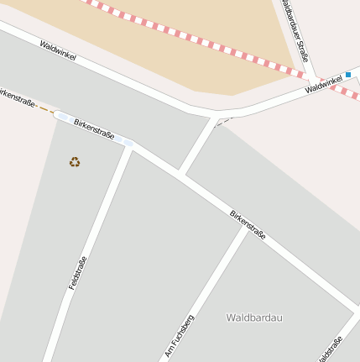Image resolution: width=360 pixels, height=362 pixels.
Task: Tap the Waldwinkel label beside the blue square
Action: pos(324,84)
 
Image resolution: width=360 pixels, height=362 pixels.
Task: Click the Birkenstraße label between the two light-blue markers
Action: pos(93,129)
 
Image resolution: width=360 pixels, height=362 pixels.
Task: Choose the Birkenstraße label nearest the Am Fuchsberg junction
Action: pos(248,224)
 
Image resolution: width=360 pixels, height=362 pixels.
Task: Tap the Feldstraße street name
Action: pos(77,273)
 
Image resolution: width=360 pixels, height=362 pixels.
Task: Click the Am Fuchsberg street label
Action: pos(180,335)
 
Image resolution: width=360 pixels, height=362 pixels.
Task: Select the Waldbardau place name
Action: pos(254,317)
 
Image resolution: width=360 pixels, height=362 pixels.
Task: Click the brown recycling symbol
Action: pos(75,161)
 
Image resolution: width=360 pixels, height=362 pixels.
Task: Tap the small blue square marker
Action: pos(347,75)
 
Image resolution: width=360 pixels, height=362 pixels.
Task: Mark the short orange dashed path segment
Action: pos(45,109)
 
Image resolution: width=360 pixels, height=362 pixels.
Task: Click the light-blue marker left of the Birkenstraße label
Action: pos(63,117)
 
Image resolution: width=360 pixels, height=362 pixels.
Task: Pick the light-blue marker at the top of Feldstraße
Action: pos(125,141)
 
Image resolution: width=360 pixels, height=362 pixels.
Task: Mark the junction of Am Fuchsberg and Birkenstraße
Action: pos(247,227)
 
